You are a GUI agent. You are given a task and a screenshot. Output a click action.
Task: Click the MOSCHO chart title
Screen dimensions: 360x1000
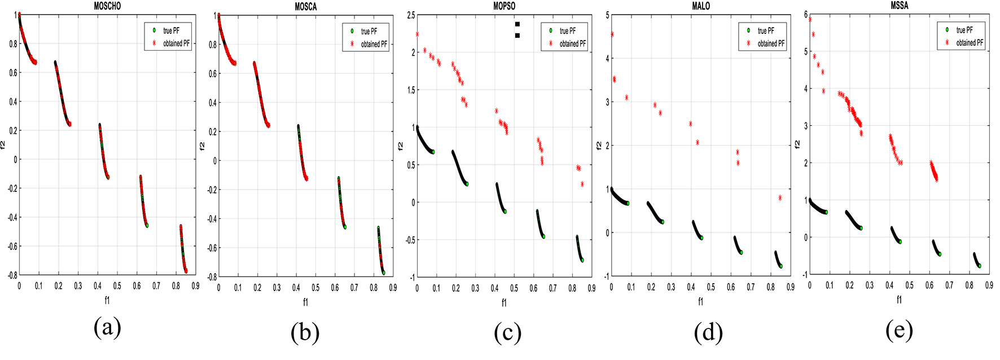pos(107,6)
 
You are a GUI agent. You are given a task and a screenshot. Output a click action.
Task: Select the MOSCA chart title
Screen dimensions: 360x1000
pos(306,7)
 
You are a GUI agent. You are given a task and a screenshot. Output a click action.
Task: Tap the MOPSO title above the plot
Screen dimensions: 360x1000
pos(504,6)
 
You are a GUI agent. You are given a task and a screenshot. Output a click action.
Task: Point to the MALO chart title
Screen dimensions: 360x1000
pos(701,6)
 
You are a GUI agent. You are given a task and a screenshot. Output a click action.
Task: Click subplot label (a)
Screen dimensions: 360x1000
pos(107,328)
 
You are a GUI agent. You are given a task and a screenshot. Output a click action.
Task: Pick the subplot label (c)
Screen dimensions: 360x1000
pos(507,333)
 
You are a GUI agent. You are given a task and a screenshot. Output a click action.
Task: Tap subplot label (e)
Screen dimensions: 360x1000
pos(899,331)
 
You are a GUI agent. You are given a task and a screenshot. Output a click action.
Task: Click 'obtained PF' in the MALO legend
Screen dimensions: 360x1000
pos(771,43)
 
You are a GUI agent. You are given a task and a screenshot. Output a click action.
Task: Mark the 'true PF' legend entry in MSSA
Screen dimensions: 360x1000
pos(964,30)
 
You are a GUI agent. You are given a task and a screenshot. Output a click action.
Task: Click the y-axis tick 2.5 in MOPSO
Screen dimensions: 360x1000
pos(410,15)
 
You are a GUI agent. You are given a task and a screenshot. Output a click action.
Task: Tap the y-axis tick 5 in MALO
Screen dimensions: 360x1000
pos(607,15)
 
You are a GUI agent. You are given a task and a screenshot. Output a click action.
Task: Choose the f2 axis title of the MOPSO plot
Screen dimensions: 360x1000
pos(400,146)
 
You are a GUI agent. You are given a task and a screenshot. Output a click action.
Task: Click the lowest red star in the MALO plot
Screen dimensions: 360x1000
pos(780,198)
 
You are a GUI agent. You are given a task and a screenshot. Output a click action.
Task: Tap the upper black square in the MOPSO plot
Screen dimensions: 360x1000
pos(517,24)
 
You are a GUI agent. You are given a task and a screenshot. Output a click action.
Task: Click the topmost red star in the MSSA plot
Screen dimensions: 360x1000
pos(810,19)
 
